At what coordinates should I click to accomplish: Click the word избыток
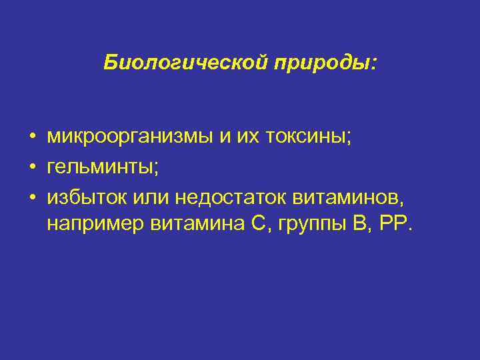pos(87,197)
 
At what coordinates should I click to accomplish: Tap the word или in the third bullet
pos(151,197)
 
